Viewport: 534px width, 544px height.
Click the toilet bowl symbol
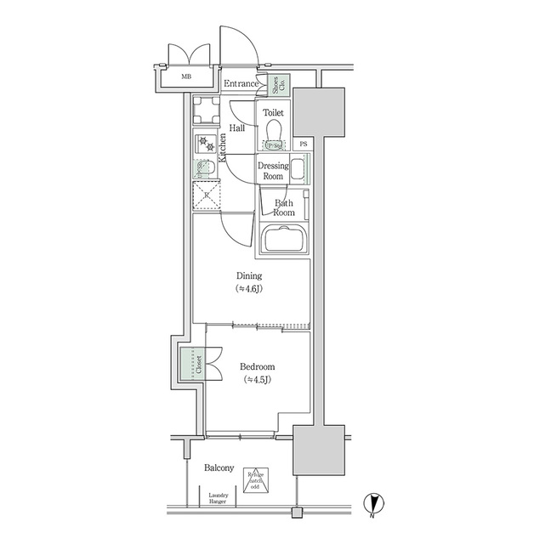point(273,132)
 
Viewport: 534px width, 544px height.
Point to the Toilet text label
point(273,112)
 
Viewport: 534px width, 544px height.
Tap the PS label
point(304,144)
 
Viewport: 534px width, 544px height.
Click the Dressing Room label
point(272,171)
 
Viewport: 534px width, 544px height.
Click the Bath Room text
point(283,207)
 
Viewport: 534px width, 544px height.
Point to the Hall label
point(236,128)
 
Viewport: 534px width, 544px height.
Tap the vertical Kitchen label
point(223,149)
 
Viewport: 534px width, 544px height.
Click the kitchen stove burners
point(205,142)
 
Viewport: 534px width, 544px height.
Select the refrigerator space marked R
point(206,195)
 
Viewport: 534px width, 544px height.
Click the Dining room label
point(249,275)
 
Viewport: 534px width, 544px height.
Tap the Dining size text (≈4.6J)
point(249,289)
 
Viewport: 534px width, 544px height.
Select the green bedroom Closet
point(191,365)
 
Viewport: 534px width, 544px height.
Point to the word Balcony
point(219,468)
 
